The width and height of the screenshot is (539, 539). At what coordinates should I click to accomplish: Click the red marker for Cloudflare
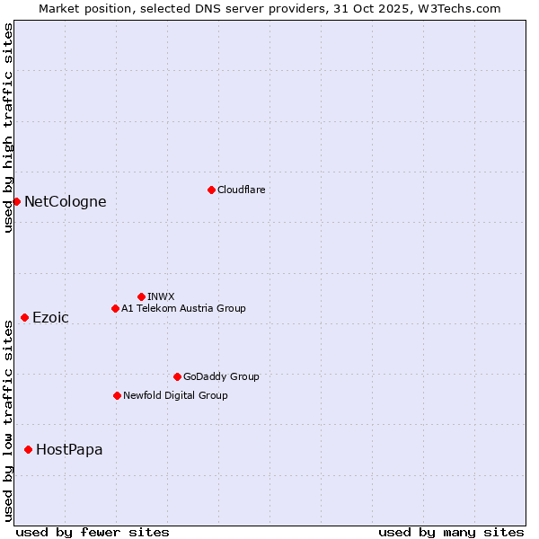pyautogui.click(x=211, y=190)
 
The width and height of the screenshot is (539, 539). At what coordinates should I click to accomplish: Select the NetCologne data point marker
pyautogui.click(x=16, y=201)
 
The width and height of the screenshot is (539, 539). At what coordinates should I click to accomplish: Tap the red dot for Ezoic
pyautogui.click(x=24, y=317)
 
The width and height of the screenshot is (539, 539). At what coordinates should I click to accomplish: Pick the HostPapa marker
pyautogui.click(x=29, y=449)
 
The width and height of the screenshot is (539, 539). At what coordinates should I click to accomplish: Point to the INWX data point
pyautogui.click(x=141, y=296)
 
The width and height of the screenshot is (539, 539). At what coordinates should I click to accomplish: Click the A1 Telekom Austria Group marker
pyautogui.click(x=115, y=308)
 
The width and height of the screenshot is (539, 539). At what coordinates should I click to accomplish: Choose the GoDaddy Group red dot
pyautogui.click(x=177, y=376)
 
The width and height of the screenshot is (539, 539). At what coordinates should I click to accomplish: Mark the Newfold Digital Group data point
pyautogui.click(x=117, y=395)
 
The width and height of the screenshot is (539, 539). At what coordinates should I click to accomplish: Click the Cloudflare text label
pyautogui.click(x=241, y=190)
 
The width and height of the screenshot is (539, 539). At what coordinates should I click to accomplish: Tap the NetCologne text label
pyautogui.click(x=65, y=201)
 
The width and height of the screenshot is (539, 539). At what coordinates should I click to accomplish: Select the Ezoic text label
pyautogui.click(x=50, y=317)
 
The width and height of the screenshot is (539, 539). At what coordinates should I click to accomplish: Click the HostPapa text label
pyautogui.click(x=69, y=449)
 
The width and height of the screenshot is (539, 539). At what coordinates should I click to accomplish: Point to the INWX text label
pyautogui.click(x=161, y=296)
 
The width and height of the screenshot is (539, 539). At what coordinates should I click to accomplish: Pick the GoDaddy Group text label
pyautogui.click(x=220, y=376)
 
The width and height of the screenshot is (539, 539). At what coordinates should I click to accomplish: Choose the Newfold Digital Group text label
pyautogui.click(x=175, y=395)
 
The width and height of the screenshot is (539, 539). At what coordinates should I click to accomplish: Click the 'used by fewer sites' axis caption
pyautogui.click(x=93, y=532)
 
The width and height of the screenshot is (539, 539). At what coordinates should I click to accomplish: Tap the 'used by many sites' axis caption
pyautogui.click(x=451, y=532)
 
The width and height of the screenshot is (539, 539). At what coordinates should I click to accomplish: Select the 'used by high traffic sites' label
pyautogui.click(x=8, y=128)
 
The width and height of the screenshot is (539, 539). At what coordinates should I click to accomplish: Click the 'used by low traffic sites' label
pyautogui.click(x=8, y=420)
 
